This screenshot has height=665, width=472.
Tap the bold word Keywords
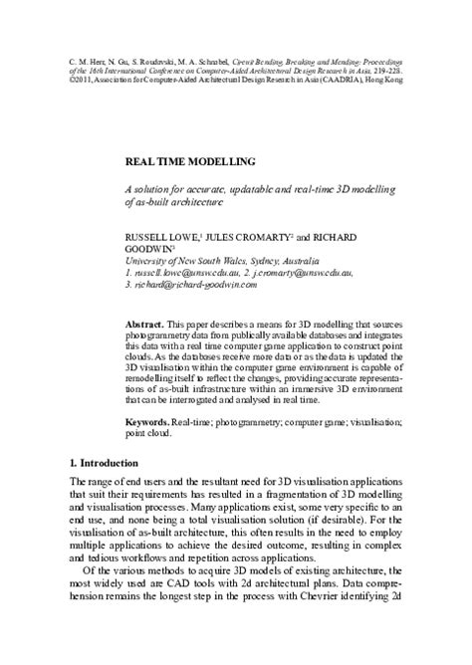pos(146,422)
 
